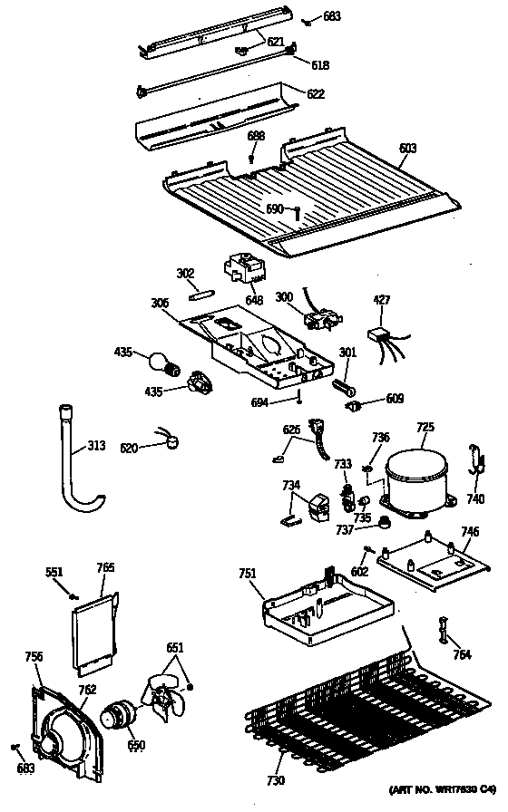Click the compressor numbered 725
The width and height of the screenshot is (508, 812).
415,478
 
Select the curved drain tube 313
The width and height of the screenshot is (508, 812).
74,462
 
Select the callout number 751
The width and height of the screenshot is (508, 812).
248,573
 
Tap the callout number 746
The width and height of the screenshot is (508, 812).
470,532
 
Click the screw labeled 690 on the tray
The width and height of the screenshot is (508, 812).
297,211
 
